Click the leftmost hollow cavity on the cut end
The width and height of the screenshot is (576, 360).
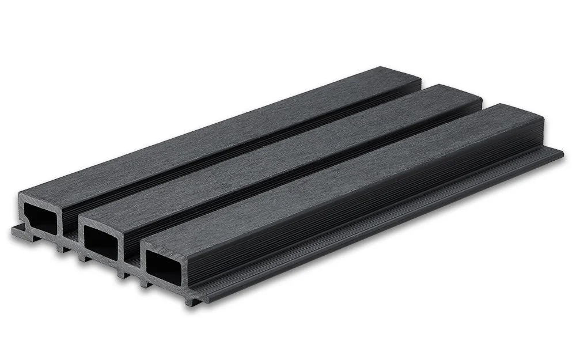pyautogui.click(x=40, y=218)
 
